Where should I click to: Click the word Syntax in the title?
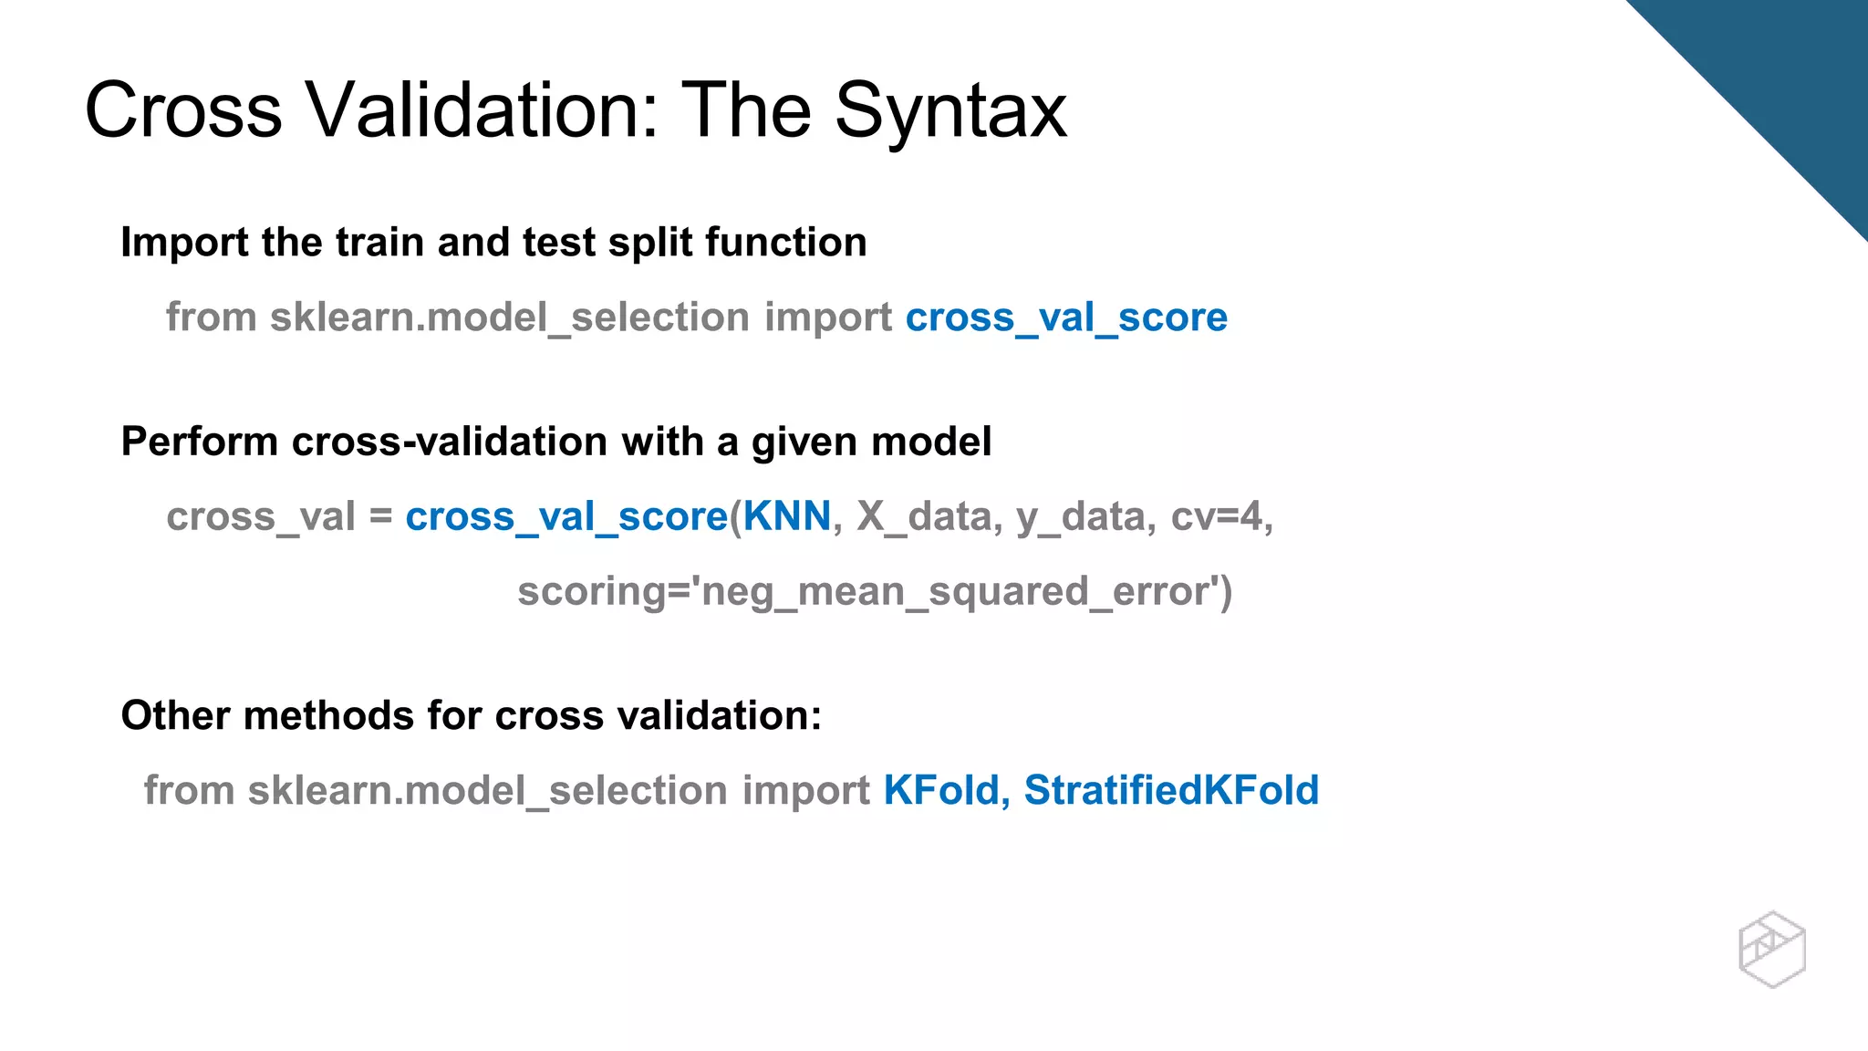point(950,111)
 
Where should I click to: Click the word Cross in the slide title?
point(183,111)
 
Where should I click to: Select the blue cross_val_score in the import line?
point(1066,317)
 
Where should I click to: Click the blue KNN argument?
point(787,516)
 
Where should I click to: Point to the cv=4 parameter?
point(1220,516)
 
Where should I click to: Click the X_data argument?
point(923,516)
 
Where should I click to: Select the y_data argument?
point(1079,516)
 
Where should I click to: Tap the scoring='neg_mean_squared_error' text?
point(874,591)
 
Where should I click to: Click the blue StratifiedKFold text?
point(1171,790)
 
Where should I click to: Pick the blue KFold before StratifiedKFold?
point(942,790)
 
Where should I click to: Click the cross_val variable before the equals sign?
point(260,516)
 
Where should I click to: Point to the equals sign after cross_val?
point(381,516)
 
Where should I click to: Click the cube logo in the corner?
point(1771,949)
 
